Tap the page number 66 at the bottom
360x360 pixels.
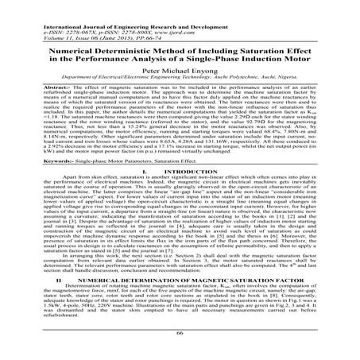pyautogui.click(x=180, y=348)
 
